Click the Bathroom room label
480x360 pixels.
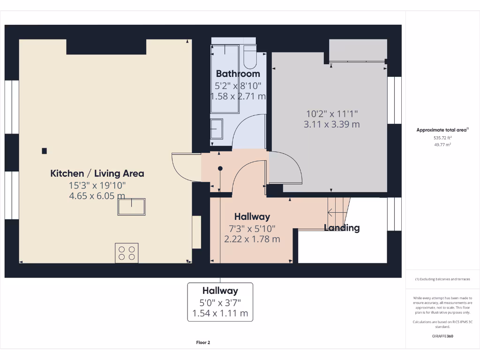click(238, 74)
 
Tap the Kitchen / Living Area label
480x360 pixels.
click(97, 173)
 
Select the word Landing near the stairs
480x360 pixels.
click(342, 228)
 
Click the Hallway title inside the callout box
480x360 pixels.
click(220, 291)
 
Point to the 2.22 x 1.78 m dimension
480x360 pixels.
click(252, 239)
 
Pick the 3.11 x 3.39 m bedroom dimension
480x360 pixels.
click(331, 124)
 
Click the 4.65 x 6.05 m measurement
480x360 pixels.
click(97, 196)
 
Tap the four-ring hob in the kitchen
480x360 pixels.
click(127, 253)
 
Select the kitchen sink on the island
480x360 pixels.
click(131, 206)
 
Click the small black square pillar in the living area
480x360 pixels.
click(44, 151)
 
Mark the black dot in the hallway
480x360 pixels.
click(220, 168)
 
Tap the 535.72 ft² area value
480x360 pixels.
click(442, 138)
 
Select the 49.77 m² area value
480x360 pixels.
click(442, 145)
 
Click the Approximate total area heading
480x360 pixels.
click(442, 130)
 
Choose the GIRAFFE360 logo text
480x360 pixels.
click(442, 336)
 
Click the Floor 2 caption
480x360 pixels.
click(203, 343)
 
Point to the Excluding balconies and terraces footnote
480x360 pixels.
click(442, 279)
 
